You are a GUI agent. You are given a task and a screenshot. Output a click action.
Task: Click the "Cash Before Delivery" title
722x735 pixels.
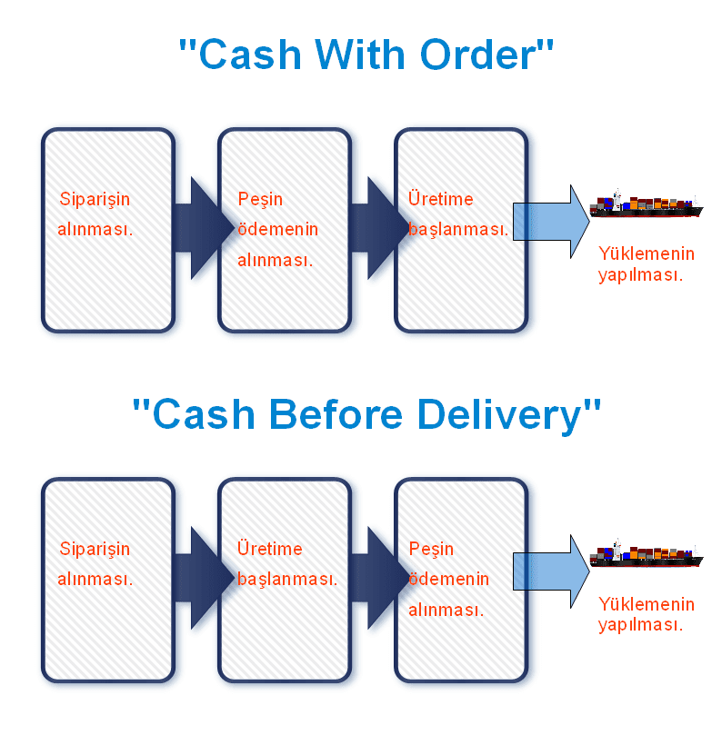[x=366, y=415]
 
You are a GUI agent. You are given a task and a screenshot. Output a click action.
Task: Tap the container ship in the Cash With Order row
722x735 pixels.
[x=646, y=206]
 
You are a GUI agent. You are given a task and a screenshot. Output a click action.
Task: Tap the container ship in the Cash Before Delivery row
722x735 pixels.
[x=646, y=556]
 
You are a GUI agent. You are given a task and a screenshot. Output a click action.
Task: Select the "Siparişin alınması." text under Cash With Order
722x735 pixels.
[x=95, y=214]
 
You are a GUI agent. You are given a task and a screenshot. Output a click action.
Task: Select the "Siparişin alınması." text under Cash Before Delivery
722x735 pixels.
[x=95, y=564]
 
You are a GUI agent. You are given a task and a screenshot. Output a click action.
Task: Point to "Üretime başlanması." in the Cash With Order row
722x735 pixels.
[x=457, y=214]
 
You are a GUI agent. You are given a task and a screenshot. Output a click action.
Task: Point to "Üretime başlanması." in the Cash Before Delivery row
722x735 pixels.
[x=286, y=564]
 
